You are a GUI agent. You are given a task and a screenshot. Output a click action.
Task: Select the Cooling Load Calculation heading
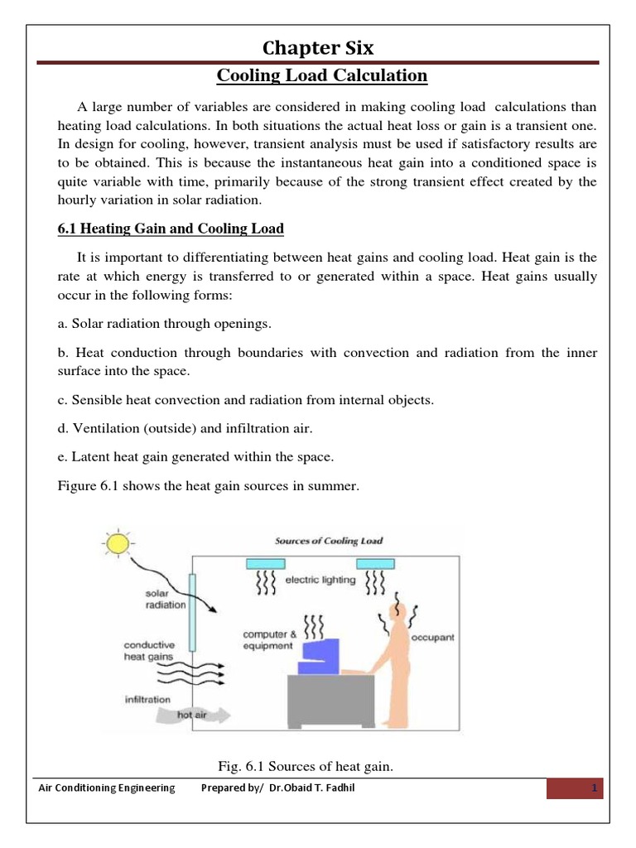click(322, 77)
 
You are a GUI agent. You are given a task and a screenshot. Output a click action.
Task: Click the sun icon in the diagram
click(117, 543)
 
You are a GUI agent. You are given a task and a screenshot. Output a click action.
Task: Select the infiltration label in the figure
click(148, 700)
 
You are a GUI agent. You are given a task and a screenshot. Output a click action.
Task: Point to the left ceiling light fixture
click(266, 564)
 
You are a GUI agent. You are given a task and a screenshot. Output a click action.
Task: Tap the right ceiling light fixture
click(375, 564)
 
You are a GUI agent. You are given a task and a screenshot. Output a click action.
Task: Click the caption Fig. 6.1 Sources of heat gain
click(303, 768)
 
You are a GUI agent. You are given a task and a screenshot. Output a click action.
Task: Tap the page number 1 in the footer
click(594, 788)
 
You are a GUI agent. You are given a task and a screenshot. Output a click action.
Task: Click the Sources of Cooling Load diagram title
click(328, 541)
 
